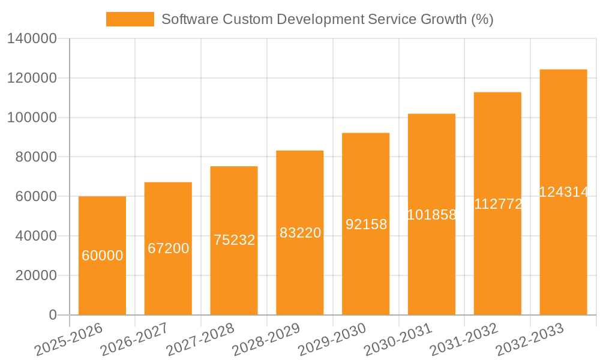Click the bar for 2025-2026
[x=102, y=282]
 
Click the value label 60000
[x=102, y=256]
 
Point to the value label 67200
[x=168, y=248]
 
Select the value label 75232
[x=234, y=240]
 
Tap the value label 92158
[x=366, y=224]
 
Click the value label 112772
[x=498, y=204]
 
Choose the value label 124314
[x=563, y=192]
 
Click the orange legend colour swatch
[x=130, y=19]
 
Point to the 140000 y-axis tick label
[x=32, y=39]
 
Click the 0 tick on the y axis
[x=53, y=315]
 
